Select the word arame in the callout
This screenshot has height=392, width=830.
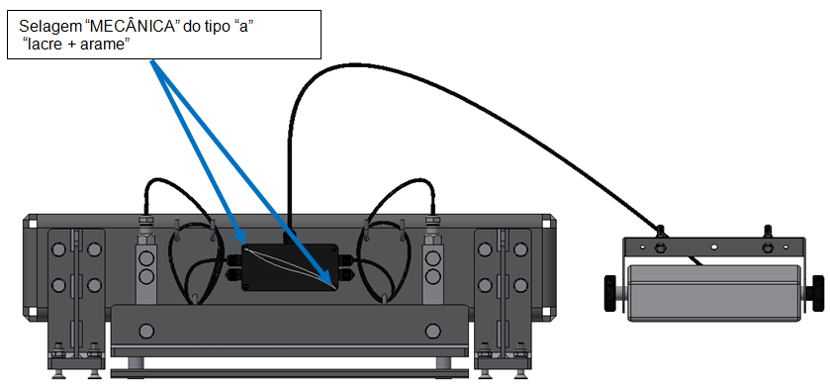coord(106,45)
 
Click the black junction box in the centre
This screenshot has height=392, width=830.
coord(290,267)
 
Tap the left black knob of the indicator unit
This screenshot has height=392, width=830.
coord(613,292)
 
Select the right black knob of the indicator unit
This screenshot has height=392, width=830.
coord(818,292)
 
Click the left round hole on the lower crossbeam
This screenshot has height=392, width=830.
coord(145,332)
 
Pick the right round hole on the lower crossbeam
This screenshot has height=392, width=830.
coord(432,332)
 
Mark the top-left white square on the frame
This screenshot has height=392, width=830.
coord(33,224)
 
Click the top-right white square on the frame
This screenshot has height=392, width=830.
coord(546,224)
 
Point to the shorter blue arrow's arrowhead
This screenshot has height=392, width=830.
coord(239,237)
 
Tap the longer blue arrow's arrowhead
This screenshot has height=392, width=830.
coord(327,280)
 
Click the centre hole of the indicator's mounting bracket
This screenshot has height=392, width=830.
coord(714,246)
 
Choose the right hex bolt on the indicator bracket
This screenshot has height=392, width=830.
coord(767,246)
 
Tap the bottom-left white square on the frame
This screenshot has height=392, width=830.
coord(33,311)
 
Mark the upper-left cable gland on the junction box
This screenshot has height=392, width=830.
coord(234,260)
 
